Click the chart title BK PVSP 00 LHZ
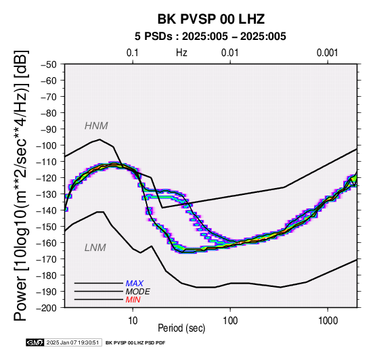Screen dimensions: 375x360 coord(211,19)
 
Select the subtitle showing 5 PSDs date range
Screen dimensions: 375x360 coord(211,37)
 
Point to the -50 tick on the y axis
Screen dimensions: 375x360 coord(49,65)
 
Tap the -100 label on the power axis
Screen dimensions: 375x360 coord(46,145)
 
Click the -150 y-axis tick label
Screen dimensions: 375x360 coord(46,227)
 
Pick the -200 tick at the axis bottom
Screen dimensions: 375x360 coord(46,308)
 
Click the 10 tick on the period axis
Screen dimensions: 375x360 coord(133,320)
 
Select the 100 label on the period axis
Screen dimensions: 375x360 coord(230,320)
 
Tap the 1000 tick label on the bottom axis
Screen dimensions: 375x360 coord(328,320)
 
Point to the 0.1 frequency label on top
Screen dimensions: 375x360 coord(133,53)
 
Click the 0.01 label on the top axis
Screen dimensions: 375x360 coord(230,53)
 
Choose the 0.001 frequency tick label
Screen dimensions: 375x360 coord(327,53)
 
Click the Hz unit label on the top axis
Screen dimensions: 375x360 coord(181,53)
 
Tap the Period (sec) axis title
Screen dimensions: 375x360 coord(181,328)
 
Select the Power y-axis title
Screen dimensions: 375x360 coord(21,185)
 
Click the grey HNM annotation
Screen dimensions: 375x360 coord(96,126)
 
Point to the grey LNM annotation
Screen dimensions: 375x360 coord(95,248)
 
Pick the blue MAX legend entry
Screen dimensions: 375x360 coord(135,284)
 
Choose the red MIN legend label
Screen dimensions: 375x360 coord(133,300)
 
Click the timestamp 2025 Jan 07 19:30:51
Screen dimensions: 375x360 coord(72,342)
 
